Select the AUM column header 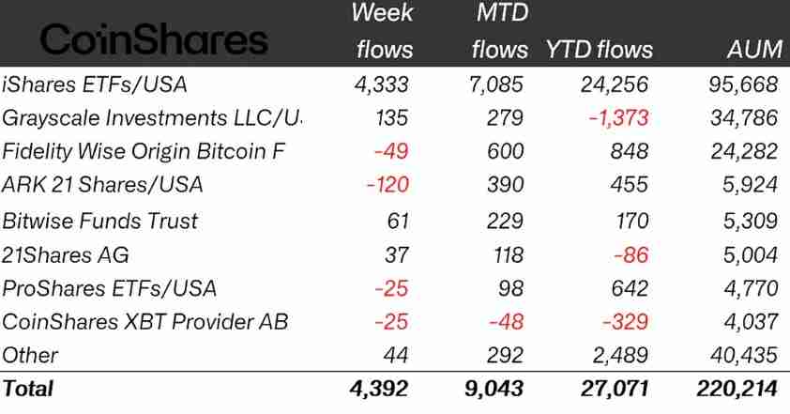click(x=754, y=50)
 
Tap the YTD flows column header click(x=600, y=50)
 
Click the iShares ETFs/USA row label click(x=95, y=84)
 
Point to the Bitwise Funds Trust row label click(x=100, y=221)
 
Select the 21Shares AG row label click(x=66, y=254)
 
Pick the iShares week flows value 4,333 click(x=382, y=84)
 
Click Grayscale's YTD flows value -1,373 click(x=616, y=118)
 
